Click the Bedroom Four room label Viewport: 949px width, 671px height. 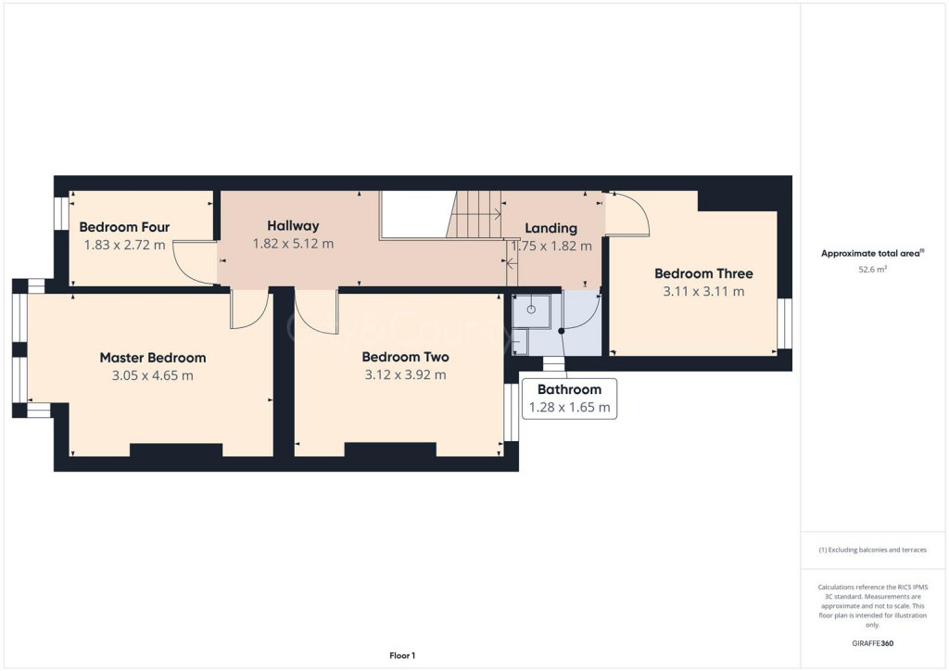click(x=124, y=227)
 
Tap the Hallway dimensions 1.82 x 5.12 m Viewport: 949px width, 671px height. click(x=293, y=244)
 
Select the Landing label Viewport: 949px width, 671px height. click(x=550, y=228)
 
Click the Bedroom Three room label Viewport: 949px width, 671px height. click(x=703, y=273)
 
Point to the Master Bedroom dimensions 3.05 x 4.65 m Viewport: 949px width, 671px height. click(x=153, y=375)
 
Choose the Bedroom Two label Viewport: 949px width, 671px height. click(x=405, y=357)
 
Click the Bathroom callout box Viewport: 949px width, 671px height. click(x=569, y=399)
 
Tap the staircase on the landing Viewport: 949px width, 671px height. click(x=474, y=214)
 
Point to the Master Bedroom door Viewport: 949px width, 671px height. click(x=248, y=310)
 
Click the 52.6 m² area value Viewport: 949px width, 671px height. click(x=873, y=270)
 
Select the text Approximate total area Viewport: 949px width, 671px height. click(x=872, y=253)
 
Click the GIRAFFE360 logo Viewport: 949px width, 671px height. click(x=873, y=642)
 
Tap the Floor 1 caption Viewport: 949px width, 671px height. click(x=401, y=655)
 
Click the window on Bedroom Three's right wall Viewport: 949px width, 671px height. click(x=784, y=323)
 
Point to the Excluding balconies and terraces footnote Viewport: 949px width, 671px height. click(x=872, y=550)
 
